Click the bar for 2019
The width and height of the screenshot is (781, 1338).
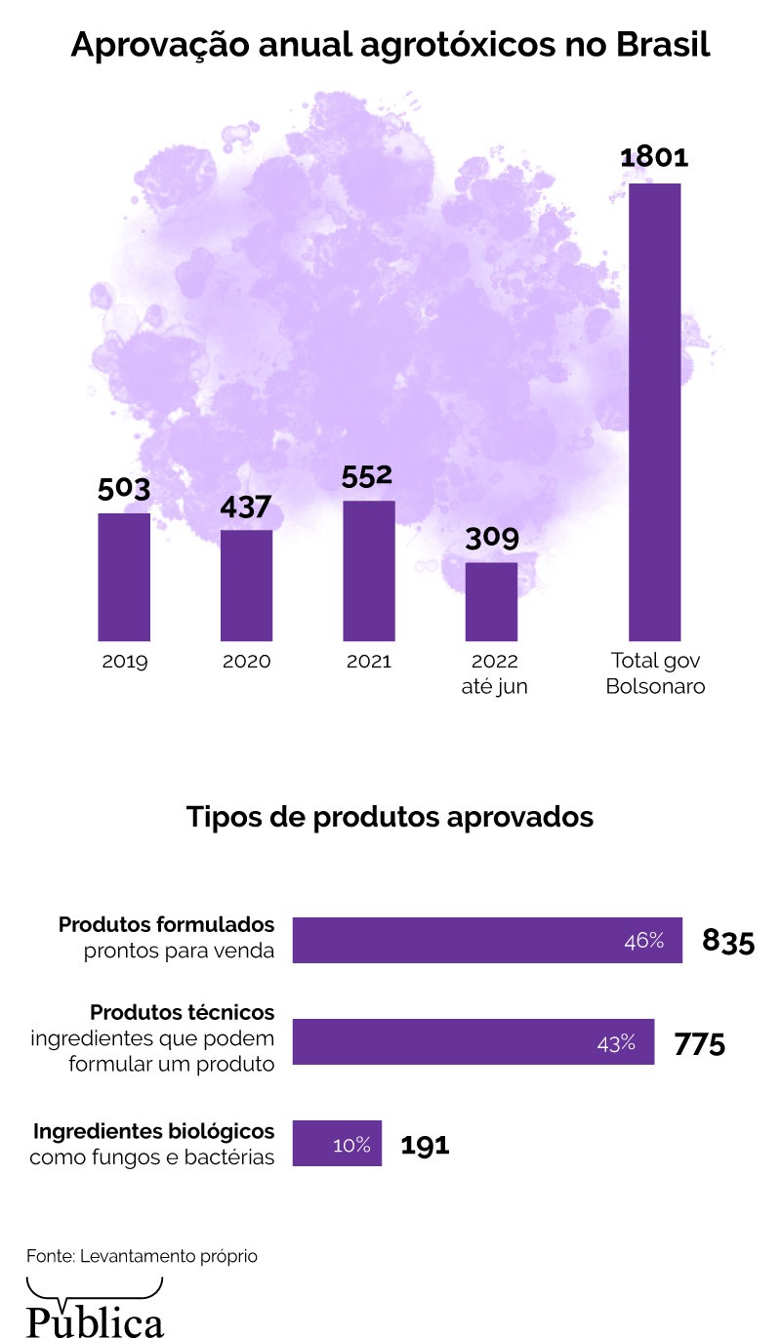[x=124, y=576]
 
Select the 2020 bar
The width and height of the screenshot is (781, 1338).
[x=246, y=585]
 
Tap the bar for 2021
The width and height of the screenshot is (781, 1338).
[x=369, y=570]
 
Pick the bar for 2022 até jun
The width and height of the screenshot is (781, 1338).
[x=491, y=600]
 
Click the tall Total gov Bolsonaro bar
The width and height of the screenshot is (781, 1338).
[x=654, y=411]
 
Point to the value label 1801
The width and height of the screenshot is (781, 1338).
[x=654, y=157]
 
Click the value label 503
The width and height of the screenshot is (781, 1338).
[x=124, y=488]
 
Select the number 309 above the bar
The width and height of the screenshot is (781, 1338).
[x=491, y=538]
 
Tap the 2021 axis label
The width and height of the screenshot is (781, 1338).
[x=369, y=661]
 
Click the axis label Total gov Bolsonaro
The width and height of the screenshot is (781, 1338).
[x=655, y=673]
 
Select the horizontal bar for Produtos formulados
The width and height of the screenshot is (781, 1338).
[x=487, y=940]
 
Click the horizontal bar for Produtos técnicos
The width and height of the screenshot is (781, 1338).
[x=473, y=1041]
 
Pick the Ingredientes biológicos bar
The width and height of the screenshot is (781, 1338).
[x=337, y=1143]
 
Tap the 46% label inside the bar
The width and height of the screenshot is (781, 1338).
[x=644, y=941]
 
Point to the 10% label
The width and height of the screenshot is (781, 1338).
[x=351, y=1145]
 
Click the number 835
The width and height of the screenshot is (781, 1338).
[x=728, y=942]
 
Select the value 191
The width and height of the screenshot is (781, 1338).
[x=426, y=1145]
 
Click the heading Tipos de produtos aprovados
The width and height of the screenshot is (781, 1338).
[x=390, y=816]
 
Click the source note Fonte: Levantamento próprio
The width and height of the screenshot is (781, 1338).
[x=142, y=1256]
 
